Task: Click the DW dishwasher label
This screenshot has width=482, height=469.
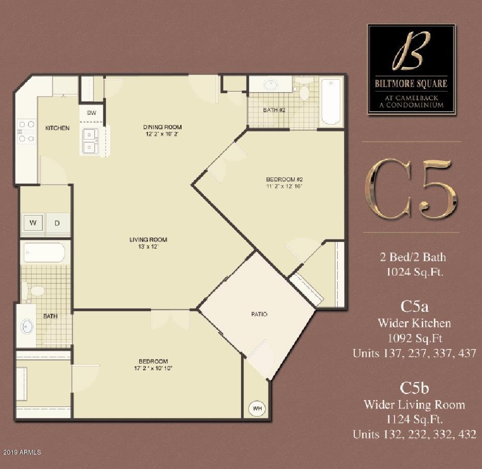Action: point(92,113)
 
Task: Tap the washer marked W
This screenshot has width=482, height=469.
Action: point(33,223)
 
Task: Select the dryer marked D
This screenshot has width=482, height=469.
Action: point(57,223)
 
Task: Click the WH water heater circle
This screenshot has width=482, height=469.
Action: point(257,409)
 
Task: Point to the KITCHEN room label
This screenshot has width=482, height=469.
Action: point(57,128)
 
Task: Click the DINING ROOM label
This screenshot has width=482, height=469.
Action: point(162,127)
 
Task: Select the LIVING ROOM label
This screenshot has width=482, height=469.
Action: point(148,239)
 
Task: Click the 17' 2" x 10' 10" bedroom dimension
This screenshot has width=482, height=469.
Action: point(153,368)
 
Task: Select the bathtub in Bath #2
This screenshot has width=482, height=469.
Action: point(330,101)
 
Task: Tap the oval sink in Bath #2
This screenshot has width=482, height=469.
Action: point(270,84)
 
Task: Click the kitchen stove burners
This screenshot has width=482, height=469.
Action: point(26,131)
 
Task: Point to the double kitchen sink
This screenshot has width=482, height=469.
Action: point(91,141)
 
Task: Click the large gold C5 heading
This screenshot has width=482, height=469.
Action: point(411,189)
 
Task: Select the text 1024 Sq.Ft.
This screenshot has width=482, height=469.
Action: point(411,270)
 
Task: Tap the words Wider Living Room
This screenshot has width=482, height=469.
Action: point(414,404)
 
